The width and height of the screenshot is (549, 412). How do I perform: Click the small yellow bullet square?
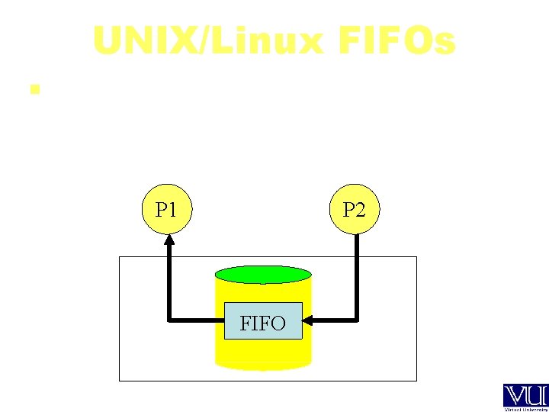coord(33,89)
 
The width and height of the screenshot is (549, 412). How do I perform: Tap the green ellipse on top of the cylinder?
coord(263,275)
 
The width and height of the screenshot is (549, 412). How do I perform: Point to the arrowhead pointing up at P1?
coord(169,238)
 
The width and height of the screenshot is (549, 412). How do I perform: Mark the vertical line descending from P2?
coord(356,275)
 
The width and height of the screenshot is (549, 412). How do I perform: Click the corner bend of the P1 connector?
coord(169,320)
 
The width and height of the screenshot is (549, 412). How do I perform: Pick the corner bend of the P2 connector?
coord(356,320)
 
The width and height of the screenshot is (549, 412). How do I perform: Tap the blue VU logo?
coord(525,395)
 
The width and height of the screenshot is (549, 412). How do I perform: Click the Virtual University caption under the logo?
coord(525,409)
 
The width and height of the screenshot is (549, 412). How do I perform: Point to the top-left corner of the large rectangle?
coord(120,257)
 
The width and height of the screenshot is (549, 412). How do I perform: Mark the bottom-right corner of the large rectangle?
coord(416,379)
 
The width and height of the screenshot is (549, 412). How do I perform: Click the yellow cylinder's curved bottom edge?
coord(263,368)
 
